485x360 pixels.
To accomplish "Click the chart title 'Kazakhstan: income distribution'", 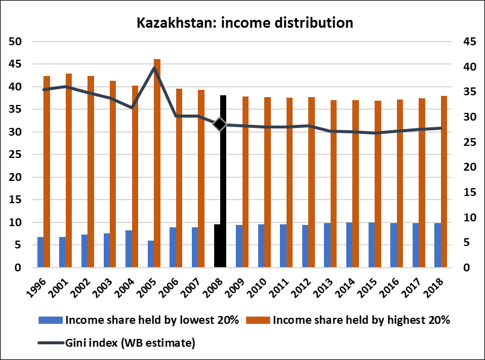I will tap(244, 24).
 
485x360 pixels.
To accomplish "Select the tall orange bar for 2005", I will tap(157, 163).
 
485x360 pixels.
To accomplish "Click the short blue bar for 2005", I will tap(150, 254).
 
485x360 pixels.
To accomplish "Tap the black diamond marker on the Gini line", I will tap(220, 124).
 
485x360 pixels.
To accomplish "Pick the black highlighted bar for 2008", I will tap(223, 181).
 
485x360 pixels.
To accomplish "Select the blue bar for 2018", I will tap(437, 245).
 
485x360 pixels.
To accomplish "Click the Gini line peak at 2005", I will tap(154, 68).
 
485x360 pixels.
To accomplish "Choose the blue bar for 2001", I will tap(62, 252).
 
